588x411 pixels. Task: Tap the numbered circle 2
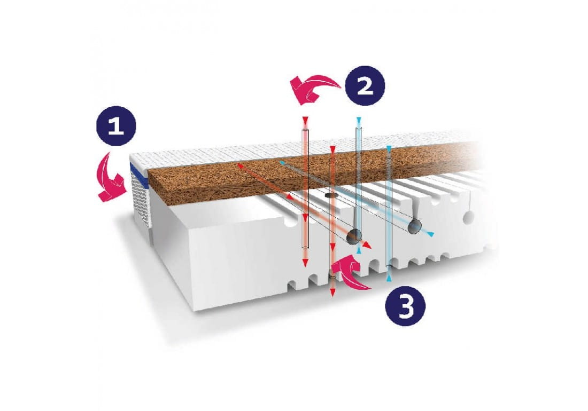(365, 86)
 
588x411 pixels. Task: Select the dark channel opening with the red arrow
(354, 236)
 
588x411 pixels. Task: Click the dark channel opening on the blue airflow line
(415, 226)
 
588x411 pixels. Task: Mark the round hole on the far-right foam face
(468, 217)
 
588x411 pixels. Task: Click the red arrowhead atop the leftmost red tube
(305, 120)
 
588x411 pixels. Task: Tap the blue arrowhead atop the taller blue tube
(359, 120)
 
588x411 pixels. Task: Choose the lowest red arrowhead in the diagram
(332, 292)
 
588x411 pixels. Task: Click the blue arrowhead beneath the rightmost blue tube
(389, 278)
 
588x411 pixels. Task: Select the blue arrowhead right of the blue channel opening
(431, 234)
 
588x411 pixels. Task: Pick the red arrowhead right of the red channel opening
(368, 246)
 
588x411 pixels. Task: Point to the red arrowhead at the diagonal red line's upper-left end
(240, 165)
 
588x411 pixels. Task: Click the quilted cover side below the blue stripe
(141, 202)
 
